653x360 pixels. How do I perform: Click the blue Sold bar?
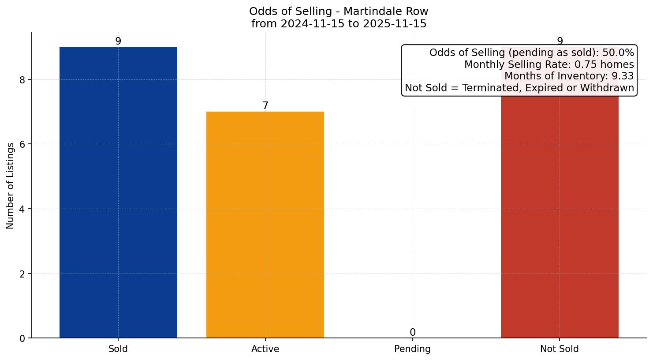[118, 192]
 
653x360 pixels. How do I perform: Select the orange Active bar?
[265, 225]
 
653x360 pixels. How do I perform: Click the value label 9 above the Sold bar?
[118, 41]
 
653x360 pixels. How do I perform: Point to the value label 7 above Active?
[265, 106]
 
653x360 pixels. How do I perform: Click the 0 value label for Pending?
[412, 332]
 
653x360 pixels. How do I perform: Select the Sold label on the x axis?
[118, 349]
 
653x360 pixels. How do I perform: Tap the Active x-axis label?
[265, 349]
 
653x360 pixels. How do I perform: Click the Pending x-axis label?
[412, 349]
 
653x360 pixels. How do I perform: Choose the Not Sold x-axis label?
[559, 349]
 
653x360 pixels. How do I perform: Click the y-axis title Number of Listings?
[11, 185]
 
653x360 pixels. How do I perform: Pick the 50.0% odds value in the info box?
[618, 53]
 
